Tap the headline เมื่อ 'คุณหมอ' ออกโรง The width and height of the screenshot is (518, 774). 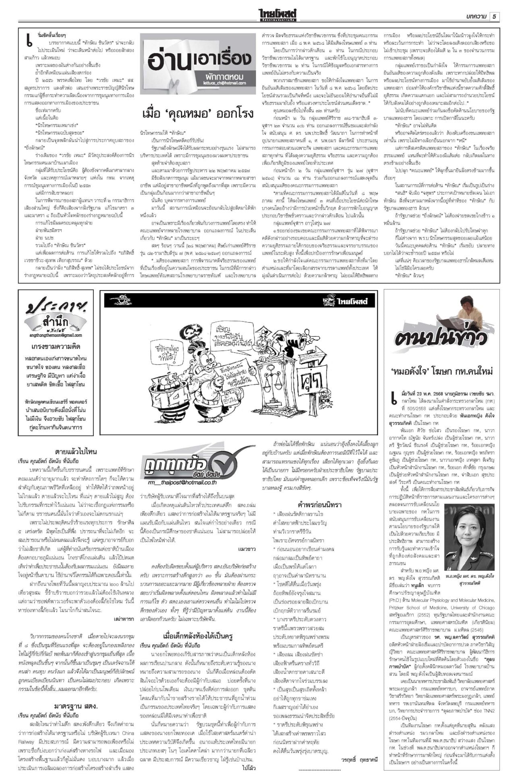(198, 113)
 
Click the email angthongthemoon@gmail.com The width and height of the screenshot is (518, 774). (55, 335)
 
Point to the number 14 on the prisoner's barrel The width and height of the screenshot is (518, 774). (166, 391)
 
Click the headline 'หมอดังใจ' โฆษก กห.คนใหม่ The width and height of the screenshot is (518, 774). (441, 371)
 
